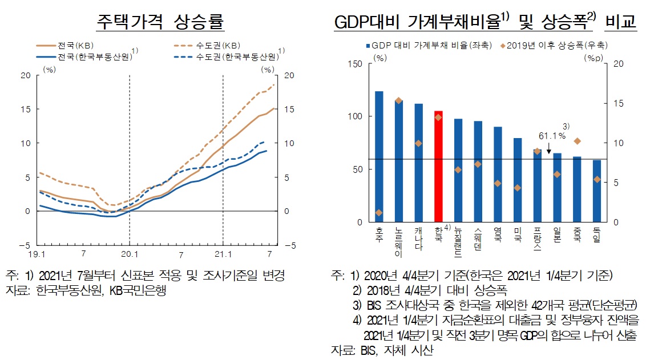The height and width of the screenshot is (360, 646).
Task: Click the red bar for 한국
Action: (x=438, y=166)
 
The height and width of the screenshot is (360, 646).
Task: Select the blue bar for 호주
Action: (x=379, y=156)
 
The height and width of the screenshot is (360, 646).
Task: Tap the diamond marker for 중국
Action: (x=577, y=141)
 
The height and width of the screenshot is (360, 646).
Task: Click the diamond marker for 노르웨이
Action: (x=398, y=100)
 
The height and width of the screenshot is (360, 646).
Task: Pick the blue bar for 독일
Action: (x=596, y=191)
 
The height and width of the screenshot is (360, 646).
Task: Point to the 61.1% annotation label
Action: (x=551, y=136)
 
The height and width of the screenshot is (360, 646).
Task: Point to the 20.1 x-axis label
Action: (x=130, y=253)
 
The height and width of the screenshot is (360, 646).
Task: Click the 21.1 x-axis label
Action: (x=223, y=253)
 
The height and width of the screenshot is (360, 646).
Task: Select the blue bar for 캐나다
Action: (x=418, y=163)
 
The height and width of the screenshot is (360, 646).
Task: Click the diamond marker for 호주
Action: (x=379, y=212)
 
